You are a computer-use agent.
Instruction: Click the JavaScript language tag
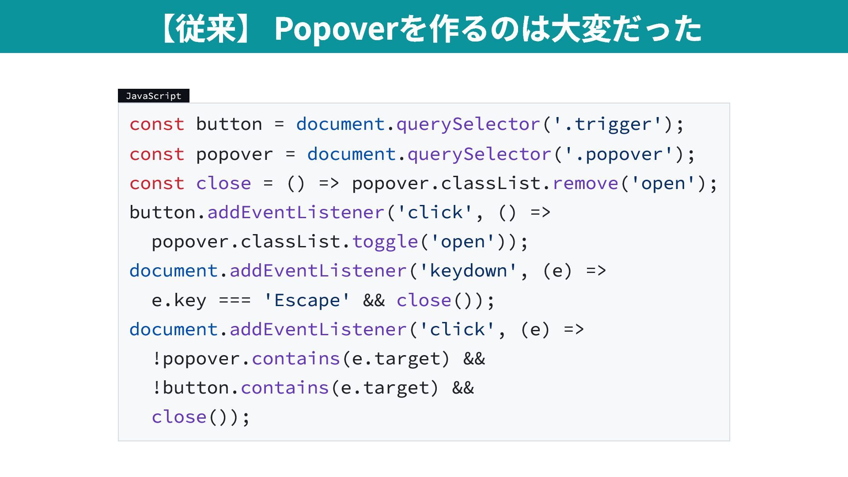coord(154,96)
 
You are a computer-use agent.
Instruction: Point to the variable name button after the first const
coord(229,124)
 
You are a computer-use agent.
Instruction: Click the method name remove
coord(586,183)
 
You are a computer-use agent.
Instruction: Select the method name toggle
coord(385,242)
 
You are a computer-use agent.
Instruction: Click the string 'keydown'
coord(468,271)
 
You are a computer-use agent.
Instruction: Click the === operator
coord(235,300)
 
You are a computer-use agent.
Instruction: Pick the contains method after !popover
coord(296,359)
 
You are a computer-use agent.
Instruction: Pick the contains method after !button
coord(285,388)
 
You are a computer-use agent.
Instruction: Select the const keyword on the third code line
coord(157,183)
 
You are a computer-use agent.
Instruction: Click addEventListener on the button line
coord(296,212)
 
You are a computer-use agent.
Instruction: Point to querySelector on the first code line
coord(468,125)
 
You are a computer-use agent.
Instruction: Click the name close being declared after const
coord(223,183)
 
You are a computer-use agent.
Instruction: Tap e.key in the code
coord(179,300)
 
